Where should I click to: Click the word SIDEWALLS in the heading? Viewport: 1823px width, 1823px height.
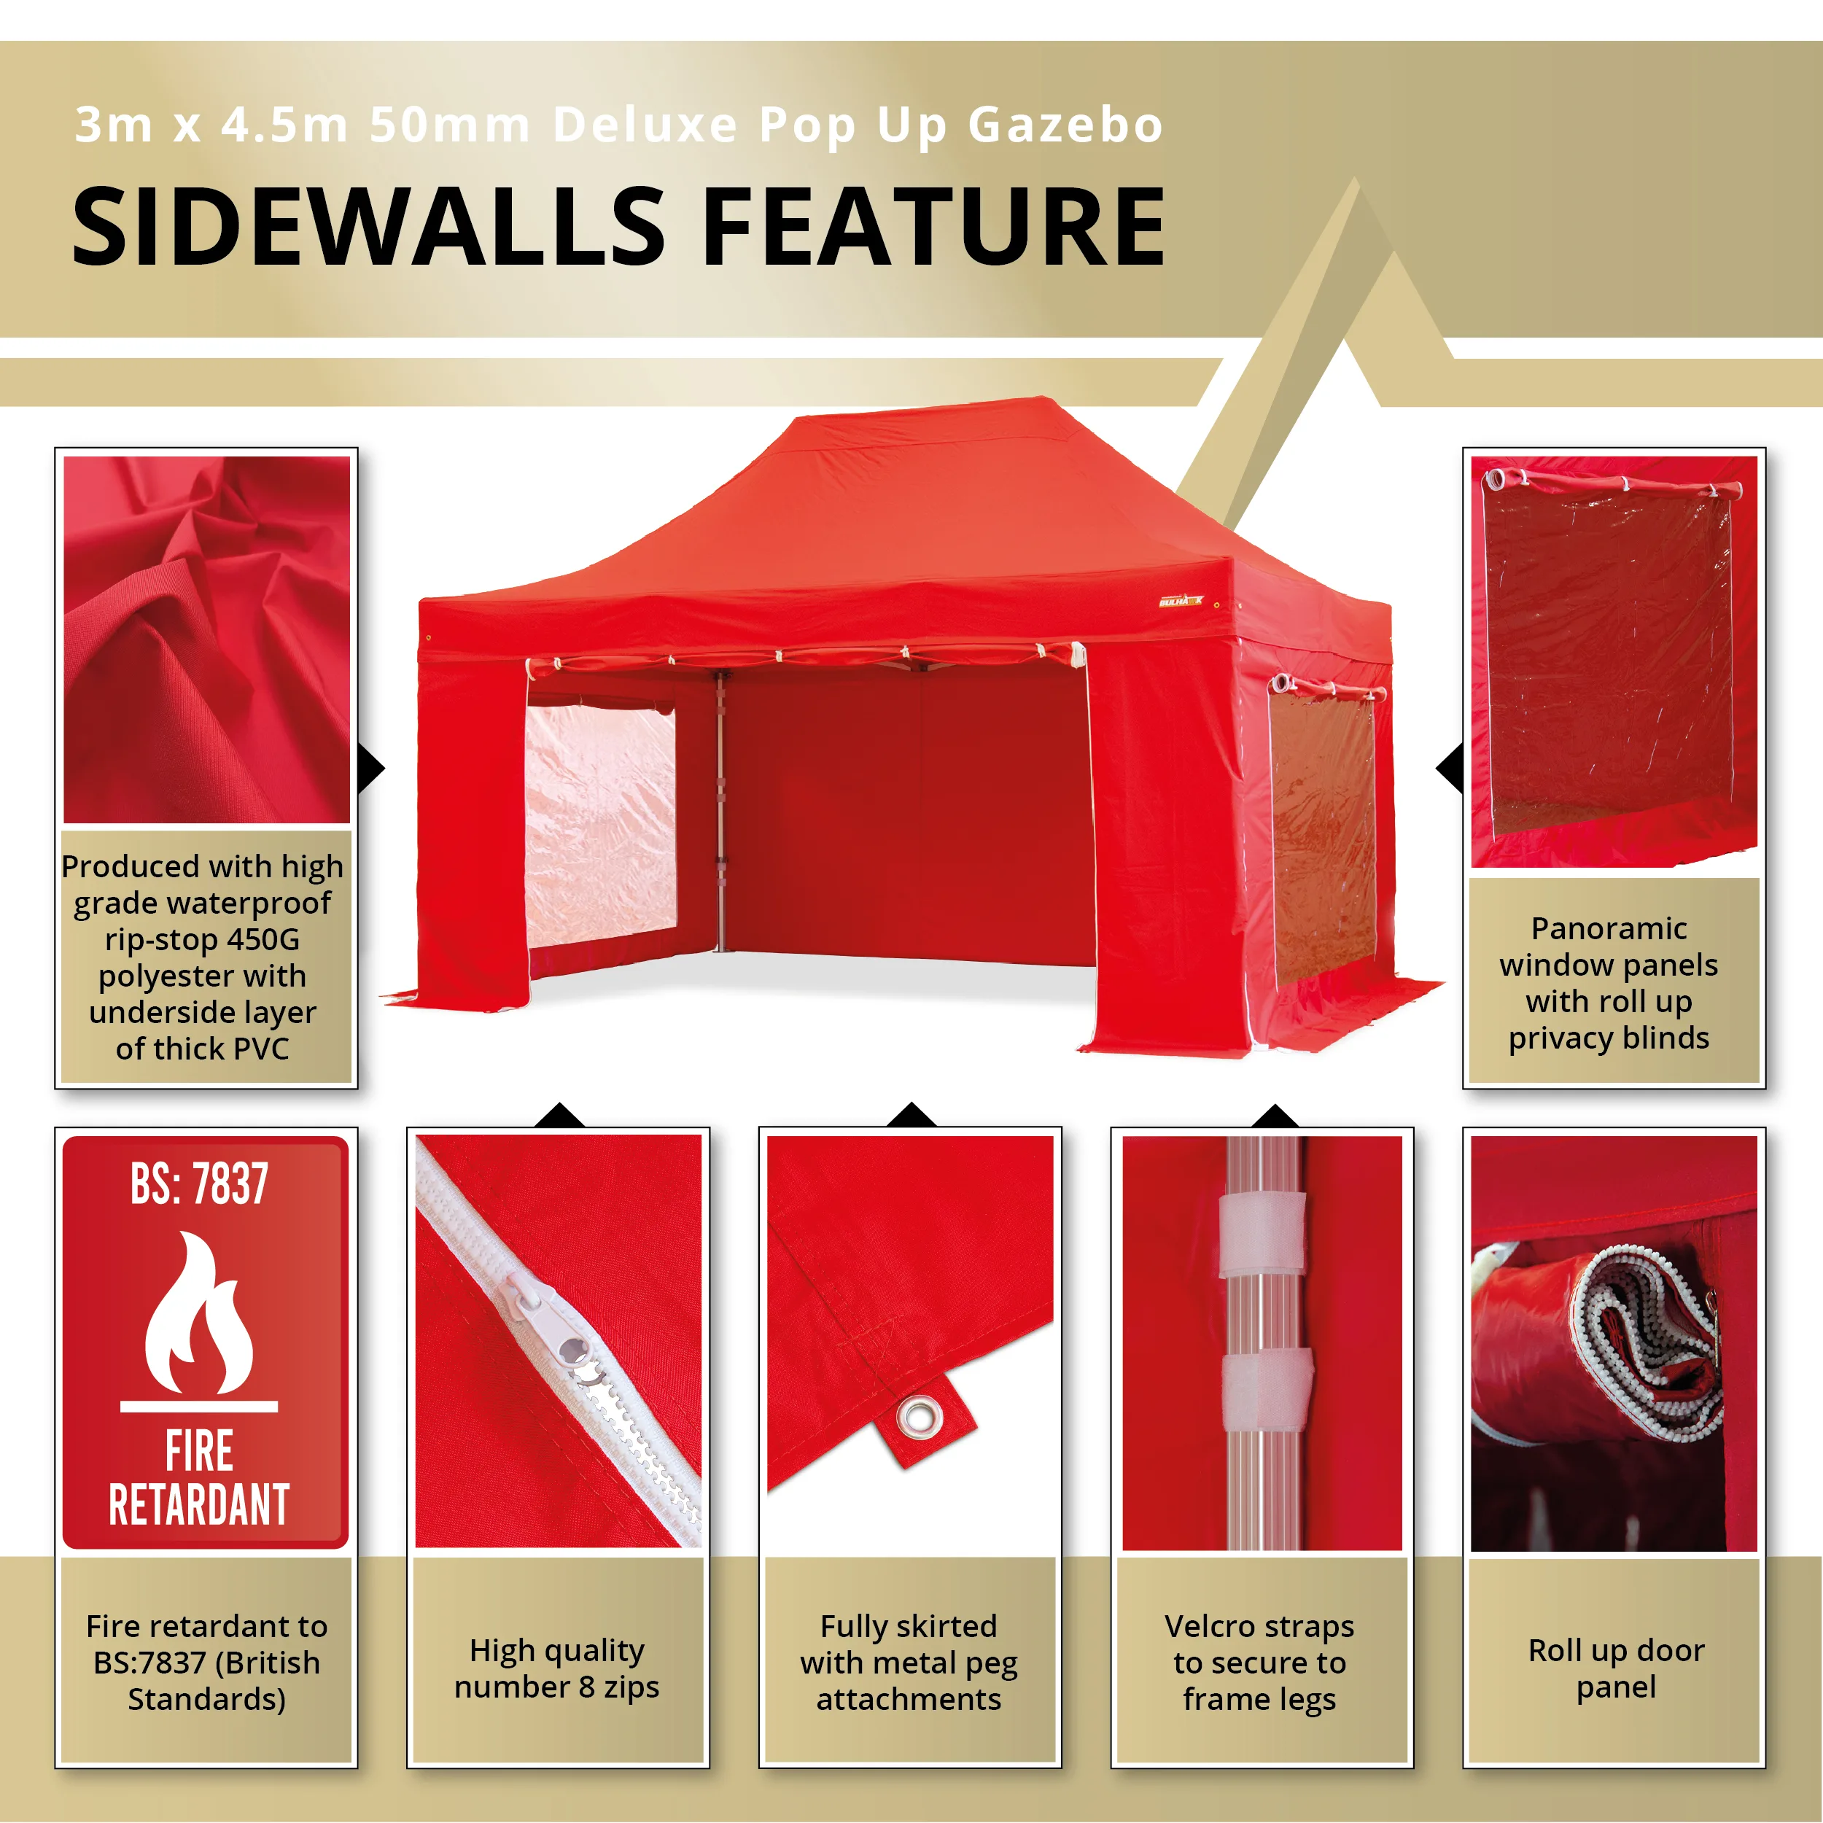coord(369,227)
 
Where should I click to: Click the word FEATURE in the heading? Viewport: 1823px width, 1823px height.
coord(934,227)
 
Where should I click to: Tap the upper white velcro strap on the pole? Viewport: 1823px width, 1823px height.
coord(1262,1235)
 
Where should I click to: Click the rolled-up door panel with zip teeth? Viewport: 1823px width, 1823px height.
coord(1604,1340)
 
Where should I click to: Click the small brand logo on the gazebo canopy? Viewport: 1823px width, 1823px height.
coord(1181,601)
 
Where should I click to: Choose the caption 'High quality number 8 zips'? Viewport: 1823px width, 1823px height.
coord(556,1668)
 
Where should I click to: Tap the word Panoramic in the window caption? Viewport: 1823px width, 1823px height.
coord(1609,928)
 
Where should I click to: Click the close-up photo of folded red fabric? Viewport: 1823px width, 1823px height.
coord(206,640)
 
